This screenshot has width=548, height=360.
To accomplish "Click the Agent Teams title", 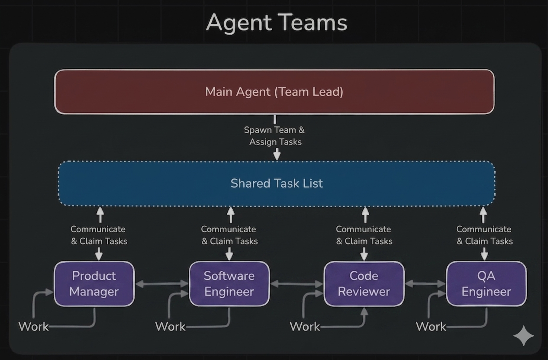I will [276, 22].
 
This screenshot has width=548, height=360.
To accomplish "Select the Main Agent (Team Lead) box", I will [274, 92].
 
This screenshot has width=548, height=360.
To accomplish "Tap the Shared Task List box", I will [276, 183].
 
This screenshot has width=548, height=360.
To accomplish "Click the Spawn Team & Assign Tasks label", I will [274, 136].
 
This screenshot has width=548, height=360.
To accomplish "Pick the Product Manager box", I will [94, 284].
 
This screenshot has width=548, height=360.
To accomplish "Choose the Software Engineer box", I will [229, 284].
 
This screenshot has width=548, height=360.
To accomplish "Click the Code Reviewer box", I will [364, 284].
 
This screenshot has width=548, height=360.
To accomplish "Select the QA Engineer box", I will [486, 284].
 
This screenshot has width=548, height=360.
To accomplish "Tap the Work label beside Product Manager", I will [33, 326].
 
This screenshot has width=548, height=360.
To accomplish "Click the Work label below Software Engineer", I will [170, 326].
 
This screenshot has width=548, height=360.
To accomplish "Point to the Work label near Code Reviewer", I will [305, 326].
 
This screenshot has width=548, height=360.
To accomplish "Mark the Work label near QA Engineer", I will [431, 326].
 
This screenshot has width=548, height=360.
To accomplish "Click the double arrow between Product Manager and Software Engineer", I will [162, 284].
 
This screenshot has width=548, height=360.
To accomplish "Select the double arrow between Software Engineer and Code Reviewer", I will [297, 284].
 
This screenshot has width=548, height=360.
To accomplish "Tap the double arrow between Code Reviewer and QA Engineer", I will [425, 284].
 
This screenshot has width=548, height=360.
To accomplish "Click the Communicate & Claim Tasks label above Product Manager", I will [99, 235].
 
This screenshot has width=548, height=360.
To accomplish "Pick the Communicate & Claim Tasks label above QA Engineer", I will [484, 235].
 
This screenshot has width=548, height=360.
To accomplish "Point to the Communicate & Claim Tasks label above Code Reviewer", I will [364, 235].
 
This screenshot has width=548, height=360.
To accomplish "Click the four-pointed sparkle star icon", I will [523, 336].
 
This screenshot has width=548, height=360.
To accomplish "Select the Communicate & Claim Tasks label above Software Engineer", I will [229, 235].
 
